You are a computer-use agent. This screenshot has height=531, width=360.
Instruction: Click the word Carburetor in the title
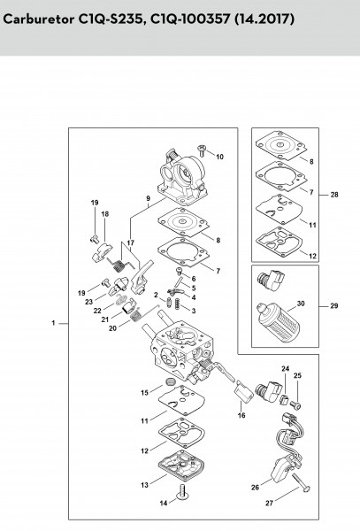38,19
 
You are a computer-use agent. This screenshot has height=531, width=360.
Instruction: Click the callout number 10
220,157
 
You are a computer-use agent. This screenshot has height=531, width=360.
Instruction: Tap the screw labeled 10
202,150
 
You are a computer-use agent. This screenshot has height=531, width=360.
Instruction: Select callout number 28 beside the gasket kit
334,195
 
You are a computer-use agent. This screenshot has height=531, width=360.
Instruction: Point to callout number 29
334,306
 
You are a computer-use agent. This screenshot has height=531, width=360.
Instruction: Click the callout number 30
301,304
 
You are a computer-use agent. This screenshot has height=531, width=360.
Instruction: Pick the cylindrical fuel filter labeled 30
278,322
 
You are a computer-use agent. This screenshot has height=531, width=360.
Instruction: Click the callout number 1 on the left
53,323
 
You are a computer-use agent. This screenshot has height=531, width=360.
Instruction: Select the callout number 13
145,485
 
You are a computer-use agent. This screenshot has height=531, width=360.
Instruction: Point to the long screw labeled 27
301,481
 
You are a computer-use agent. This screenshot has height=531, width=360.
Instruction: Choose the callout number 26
255,487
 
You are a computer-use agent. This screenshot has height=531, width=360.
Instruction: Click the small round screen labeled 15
168,382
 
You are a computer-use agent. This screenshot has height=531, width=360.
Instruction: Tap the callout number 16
241,415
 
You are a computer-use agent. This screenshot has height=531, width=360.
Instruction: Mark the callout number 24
286,368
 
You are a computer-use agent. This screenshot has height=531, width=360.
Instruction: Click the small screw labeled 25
296,404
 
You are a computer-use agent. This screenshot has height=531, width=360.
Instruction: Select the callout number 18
105,214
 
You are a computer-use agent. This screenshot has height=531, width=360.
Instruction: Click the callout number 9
149,198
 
